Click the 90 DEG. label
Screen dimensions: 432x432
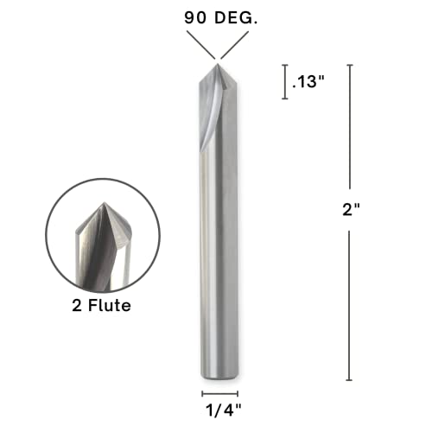pos(216,16)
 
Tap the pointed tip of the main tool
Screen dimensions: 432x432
pos(216,60)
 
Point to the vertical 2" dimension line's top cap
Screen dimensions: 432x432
pos(349,65)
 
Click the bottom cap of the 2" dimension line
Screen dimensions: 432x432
pos(349,380)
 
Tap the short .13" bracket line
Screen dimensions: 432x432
pos(285,82)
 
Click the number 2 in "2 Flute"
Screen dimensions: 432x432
pos(75,306)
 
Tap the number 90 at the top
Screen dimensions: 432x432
pos(193,16)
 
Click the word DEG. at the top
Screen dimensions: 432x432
pos(230,16)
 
